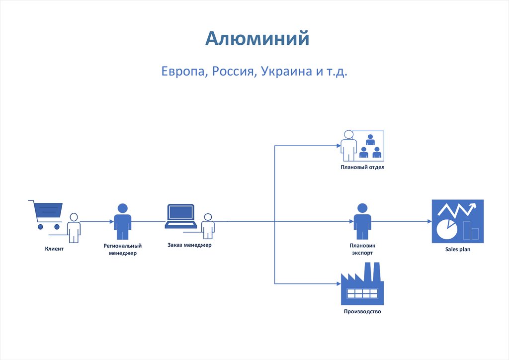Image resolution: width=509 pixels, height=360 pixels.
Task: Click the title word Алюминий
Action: [x=257, y=38]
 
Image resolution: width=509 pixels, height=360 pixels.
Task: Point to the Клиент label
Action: [x=54, y=249]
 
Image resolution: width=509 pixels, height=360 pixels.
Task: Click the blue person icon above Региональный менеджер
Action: [x=122, y=221]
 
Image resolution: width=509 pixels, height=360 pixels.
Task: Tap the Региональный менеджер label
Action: [x=123, y=249]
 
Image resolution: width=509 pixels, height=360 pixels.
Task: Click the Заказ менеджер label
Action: [x=189, y=245]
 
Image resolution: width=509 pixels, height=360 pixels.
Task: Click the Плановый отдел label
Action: [x=362, y=168]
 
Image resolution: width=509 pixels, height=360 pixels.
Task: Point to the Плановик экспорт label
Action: [x=362, y=249]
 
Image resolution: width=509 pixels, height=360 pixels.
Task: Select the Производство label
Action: [x=362, y=312]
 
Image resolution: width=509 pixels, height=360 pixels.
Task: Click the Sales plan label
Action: [x=457, y=250]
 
